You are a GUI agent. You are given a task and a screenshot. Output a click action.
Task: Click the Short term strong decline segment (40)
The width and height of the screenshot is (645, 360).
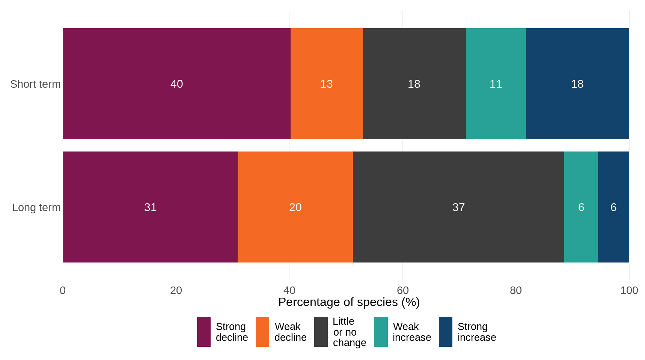(176, 84)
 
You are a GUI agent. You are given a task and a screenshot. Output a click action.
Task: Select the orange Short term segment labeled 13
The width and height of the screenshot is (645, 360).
(326, 84)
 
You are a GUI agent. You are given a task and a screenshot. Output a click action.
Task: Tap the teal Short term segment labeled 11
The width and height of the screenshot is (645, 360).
(496, 84)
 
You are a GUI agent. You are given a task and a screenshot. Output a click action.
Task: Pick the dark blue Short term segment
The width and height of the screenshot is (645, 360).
(577, 84)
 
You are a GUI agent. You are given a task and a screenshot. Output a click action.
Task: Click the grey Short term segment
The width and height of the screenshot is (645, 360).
(414, 84)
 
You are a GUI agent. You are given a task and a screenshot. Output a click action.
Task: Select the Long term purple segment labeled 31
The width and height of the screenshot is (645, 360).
(150, 207)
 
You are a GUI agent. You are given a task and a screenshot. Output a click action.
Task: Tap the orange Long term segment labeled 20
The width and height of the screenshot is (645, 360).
(295, 207)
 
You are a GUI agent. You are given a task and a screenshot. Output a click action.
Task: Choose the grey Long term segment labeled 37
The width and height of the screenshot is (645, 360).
(458, 207)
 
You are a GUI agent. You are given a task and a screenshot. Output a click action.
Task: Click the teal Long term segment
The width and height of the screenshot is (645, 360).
(581, 207)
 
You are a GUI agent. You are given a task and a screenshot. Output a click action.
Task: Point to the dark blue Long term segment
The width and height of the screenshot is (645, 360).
(613, 207)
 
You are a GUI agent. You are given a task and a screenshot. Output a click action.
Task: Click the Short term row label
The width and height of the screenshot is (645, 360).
(35, 84)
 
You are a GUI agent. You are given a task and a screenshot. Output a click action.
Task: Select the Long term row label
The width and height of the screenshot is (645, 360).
(36, 207)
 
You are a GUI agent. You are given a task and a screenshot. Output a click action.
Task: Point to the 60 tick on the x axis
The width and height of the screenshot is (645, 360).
(402, 290)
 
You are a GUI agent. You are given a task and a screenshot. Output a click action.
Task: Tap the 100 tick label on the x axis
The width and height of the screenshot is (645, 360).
(629, 290)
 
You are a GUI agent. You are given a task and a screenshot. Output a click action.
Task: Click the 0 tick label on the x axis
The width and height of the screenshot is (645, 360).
(63, 290)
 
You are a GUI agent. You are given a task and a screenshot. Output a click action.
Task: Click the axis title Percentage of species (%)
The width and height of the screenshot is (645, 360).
(349, 302)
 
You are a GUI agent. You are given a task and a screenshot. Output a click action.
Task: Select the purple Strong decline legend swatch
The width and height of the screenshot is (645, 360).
(203, 332)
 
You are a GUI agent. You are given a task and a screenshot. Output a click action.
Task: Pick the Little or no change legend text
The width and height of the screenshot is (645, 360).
(349, 332)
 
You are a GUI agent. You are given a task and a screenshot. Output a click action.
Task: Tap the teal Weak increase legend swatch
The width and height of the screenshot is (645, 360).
(381, 332)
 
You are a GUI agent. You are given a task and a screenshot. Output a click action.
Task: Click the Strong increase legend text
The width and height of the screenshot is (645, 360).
(476, 332)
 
